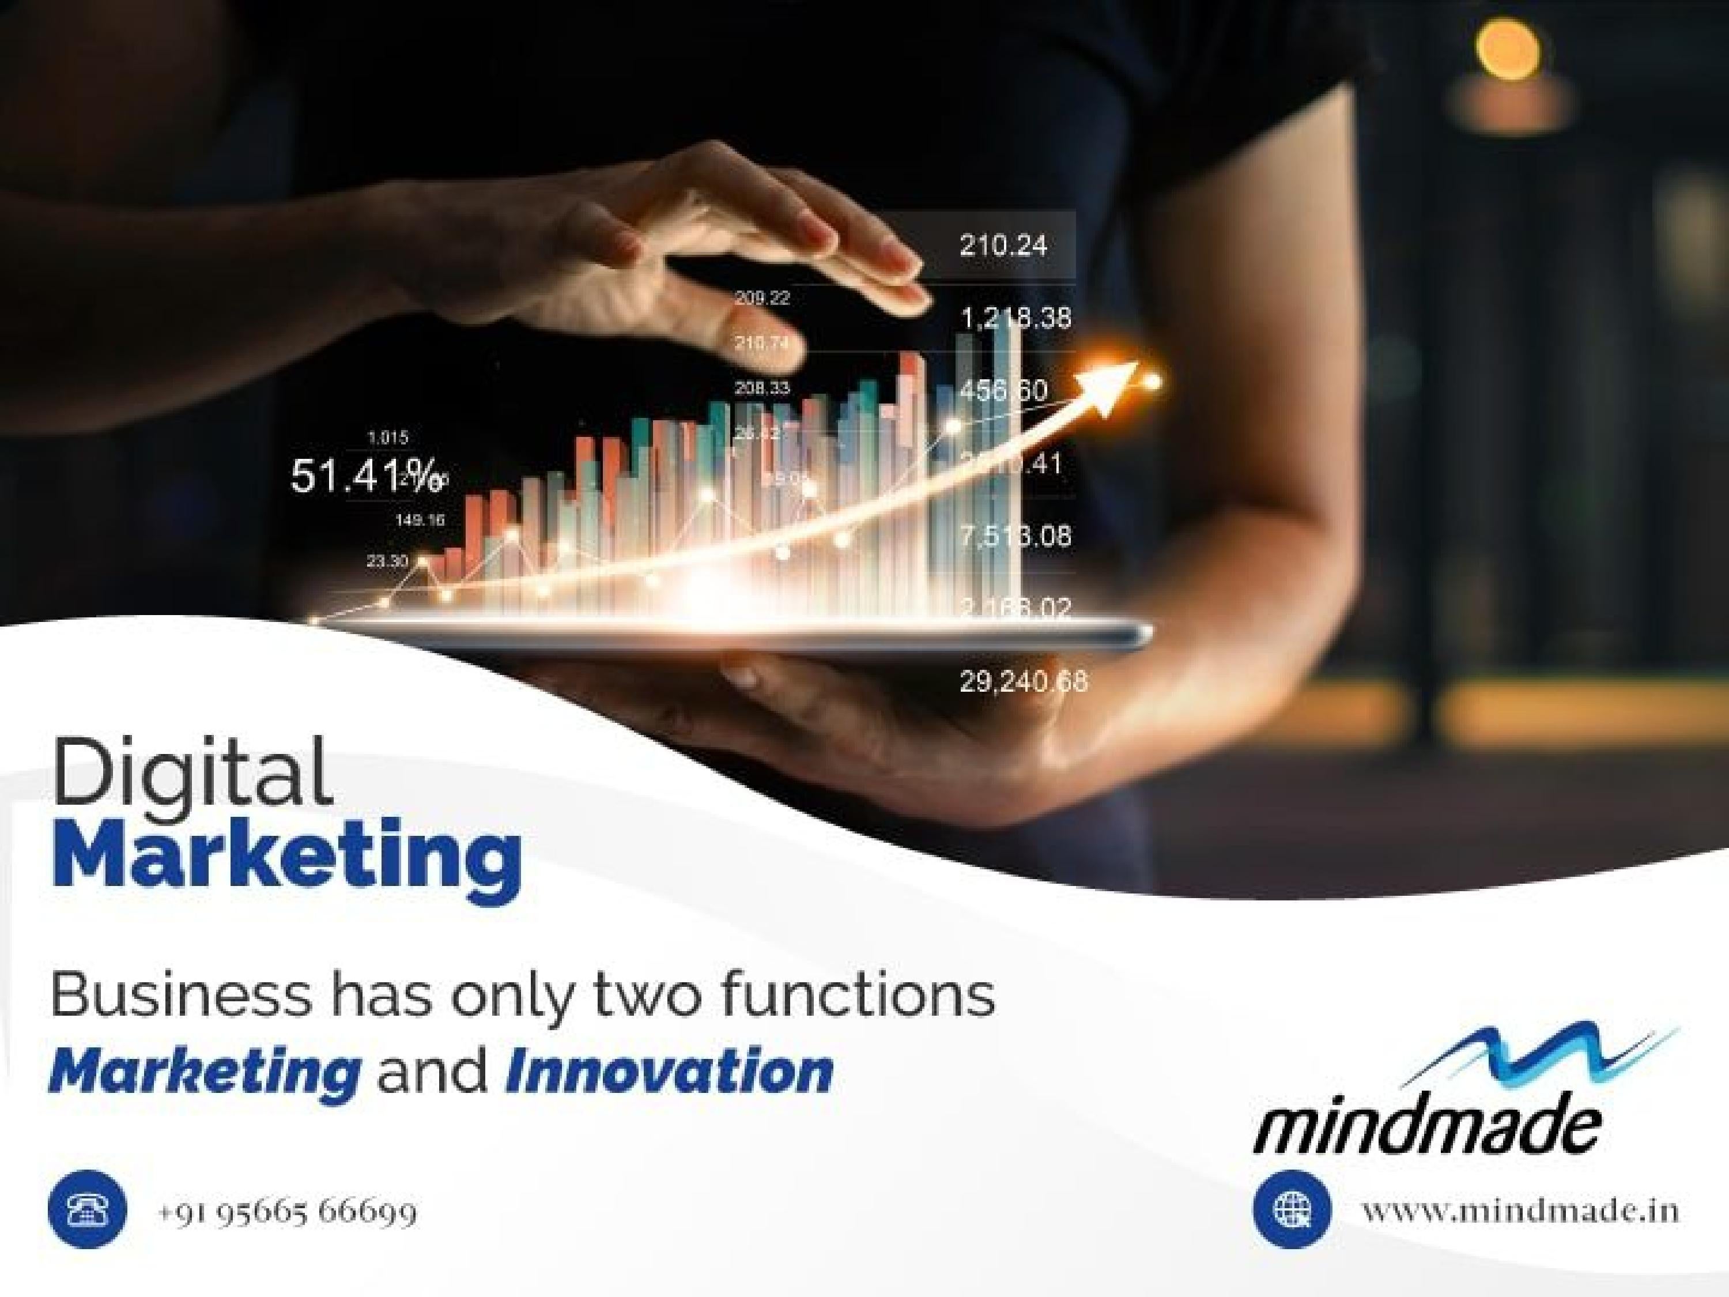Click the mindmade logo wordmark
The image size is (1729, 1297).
click(1426, 1130)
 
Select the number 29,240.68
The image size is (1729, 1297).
click(1023, 683)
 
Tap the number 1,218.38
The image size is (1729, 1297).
click(1015, 318)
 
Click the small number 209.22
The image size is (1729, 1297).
click(761, 298)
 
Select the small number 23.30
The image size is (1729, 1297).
click(387, 561)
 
